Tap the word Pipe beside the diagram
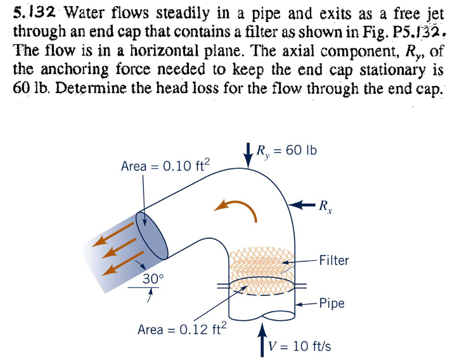[331, 303]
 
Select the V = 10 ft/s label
[300, 347]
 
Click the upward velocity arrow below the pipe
[262, 341]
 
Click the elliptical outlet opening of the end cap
[152, 237]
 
